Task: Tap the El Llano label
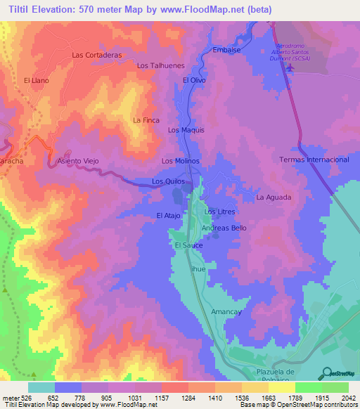point(35,81)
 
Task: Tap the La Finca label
point(146,120)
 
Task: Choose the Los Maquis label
point(186,130)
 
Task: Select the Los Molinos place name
point(181,161)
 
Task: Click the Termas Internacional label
point(314,160)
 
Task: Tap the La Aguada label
point(273,197)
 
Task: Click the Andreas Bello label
point(224,228)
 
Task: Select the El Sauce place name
point(188,245)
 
